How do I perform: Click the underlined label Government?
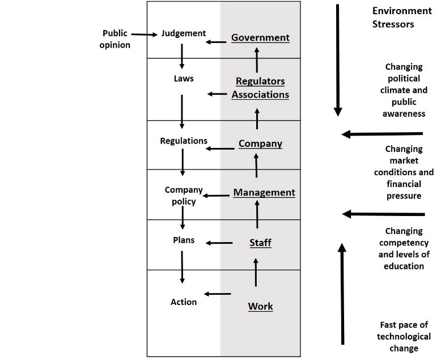[260, 38]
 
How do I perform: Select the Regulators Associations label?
[260, 88]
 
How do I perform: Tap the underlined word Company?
[260, 143]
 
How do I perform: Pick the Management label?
[264, 193]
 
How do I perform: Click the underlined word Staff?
[260, 243]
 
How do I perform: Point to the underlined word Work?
[260, 307]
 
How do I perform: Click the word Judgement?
[183, 33]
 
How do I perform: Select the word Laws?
[183, 79]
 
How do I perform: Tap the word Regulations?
[184, 141]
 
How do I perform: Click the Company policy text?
[180, 196]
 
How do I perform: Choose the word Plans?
[183, 240]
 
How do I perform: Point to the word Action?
[184, 302]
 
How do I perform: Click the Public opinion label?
[116, 39]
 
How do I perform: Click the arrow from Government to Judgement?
[215, 42]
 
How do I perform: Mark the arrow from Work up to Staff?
[256, 272]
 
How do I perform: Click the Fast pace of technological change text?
[404, 336]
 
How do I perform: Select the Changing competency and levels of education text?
[404, 248]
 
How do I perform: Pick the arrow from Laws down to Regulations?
[182, 111]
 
